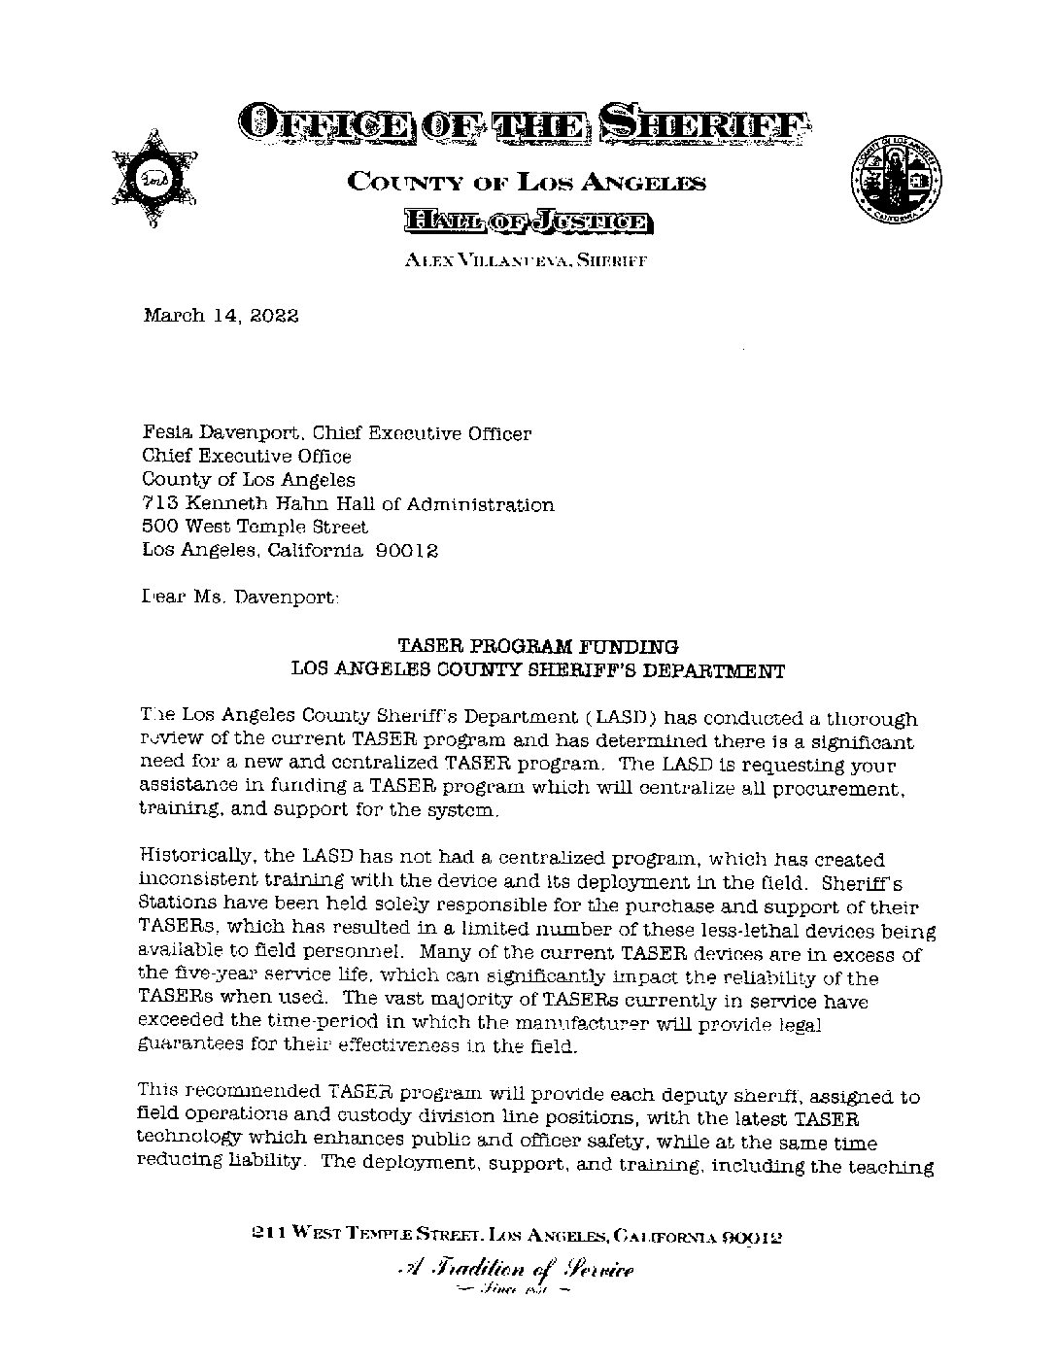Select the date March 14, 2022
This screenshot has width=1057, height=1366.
221,316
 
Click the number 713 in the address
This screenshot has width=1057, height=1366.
158,504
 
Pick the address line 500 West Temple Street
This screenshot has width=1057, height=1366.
255,527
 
